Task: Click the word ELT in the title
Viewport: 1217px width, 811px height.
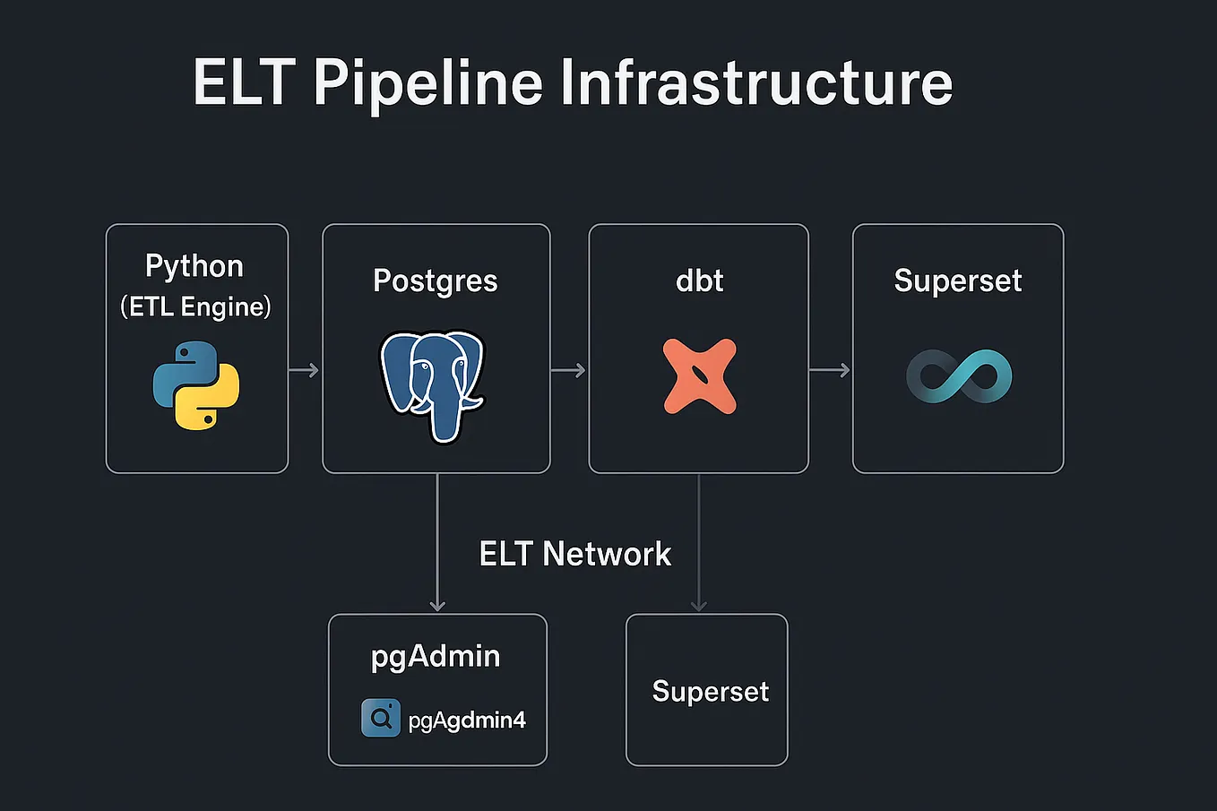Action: pos(244,83)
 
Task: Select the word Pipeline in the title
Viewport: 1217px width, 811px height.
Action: pos(428,83)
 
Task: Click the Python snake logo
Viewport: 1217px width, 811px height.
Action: pos(196,385)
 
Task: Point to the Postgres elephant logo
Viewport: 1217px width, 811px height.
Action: pos(433,384)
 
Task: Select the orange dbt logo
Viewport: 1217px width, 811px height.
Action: pos(699,376)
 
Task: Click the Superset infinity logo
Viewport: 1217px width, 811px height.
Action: pos(959,376)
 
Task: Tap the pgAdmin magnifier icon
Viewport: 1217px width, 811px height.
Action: pos(381,719)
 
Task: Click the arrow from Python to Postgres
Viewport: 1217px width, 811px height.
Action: pos(304,370)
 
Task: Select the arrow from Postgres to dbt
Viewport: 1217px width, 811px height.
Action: pos(568,370)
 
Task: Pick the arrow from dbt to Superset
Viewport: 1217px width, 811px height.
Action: pos(829,370)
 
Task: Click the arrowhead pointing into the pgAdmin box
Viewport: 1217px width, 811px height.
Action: pos(437,605)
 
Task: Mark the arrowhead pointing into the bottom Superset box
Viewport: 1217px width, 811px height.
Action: pos(699,605)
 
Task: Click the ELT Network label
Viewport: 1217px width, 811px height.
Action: pos(575,554)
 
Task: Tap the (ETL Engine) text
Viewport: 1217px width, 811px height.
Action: pos(196,307)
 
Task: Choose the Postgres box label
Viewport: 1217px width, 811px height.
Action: pos(436,280)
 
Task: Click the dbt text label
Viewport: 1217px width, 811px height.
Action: pos(699,280)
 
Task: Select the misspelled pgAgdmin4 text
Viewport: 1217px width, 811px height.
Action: pos(467,720)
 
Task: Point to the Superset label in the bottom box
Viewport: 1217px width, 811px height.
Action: pos(711,691)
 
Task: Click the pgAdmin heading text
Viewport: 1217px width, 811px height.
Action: pos(436,656)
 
